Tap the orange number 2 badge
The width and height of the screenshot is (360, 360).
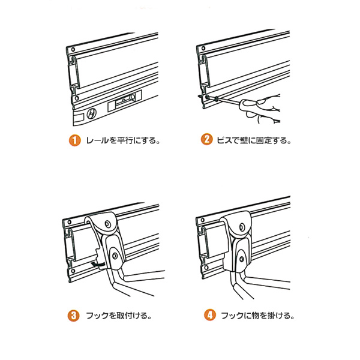pos(206,142)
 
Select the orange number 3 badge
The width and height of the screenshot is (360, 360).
pos(72,314)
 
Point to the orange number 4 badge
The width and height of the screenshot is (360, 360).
pos(206,314)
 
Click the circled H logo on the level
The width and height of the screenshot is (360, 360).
pos(91,112)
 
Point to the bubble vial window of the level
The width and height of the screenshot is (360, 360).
pos(124,101)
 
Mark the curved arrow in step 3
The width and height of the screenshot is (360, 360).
pos(96,263)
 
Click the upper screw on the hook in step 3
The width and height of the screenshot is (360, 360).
pos(107,224)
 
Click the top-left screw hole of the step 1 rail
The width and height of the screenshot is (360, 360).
pos(71,50)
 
